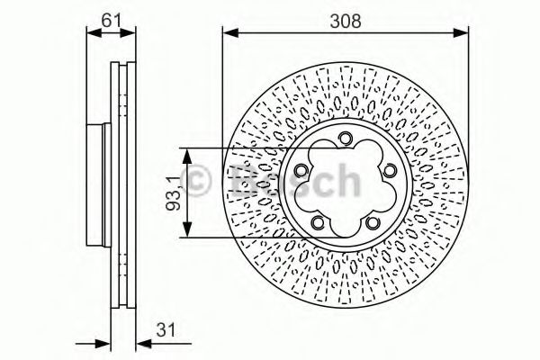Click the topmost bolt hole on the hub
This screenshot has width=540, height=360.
[x=345, y=138]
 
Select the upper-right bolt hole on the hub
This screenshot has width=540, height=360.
[x=389, y=171]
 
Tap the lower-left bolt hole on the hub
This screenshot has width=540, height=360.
[x=318, y=223]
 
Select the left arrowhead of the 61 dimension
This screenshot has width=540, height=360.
[x=90, y=35]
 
